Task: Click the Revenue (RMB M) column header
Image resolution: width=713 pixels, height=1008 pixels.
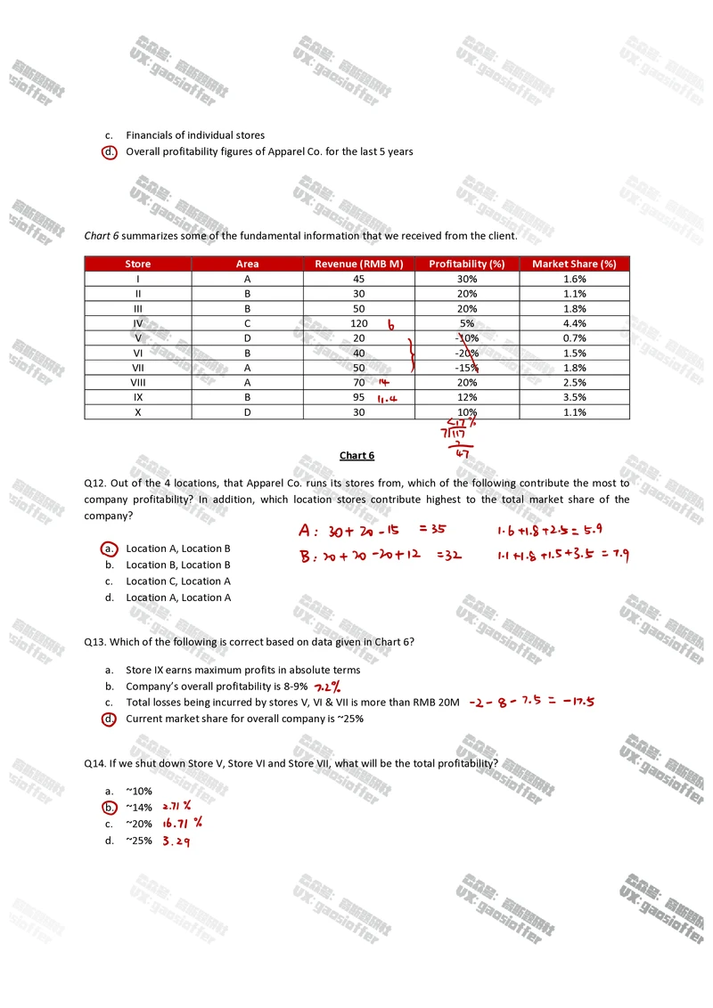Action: pos(359,264)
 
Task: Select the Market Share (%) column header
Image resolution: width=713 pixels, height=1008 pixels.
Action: pos(574,264)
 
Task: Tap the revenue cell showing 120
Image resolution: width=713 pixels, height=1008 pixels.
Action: pos(359,323)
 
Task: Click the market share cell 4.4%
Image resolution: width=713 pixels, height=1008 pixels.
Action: pos(574,323)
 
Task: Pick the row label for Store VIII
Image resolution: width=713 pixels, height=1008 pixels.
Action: pos(138,382)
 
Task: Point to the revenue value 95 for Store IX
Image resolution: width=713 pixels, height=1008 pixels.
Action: pos(358,397)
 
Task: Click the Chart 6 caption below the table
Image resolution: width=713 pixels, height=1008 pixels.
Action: pos(356,456)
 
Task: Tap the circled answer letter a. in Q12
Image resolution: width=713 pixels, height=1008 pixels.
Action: pos(109,549)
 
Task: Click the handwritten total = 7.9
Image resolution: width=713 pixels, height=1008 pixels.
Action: pos(615,556)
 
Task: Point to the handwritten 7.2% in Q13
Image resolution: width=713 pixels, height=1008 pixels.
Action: pos(325,687)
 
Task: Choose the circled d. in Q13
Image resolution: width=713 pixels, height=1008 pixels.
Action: pos(109,719)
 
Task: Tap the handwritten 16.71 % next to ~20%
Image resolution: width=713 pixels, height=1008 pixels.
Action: pos(182,824)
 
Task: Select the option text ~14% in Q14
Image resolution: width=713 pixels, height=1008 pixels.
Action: pos(139,808)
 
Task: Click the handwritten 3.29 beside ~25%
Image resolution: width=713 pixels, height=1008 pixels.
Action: pos(176,841)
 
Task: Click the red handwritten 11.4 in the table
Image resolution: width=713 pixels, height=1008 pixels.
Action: pos(387,398)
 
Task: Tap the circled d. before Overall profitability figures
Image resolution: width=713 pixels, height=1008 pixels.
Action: pos(109,151)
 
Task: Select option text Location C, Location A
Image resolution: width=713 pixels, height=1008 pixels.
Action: pos(178,581)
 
